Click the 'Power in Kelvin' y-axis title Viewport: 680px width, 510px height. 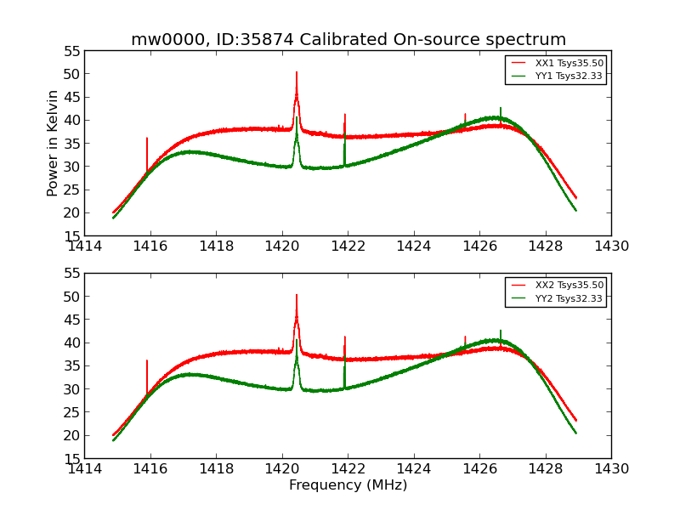(x=53, y=143)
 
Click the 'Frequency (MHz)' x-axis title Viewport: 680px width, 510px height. (x=348, y=485)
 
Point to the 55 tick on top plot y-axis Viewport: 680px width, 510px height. (x=72, y=51)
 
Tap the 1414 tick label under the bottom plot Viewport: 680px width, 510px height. (x=84, y=469)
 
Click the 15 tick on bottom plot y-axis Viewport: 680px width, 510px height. (x=72, y=458)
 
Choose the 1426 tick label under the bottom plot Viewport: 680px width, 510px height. (x=479, y=469)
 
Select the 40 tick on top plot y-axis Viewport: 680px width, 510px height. (x=72, y=120)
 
